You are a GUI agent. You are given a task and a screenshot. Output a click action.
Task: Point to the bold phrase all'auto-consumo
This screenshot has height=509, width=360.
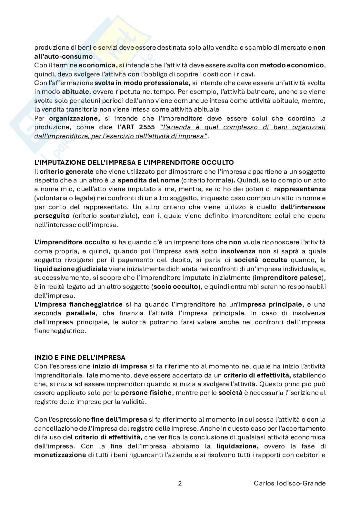point(64,56)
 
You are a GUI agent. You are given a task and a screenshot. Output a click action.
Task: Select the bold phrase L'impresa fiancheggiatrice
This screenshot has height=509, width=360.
point(78,304)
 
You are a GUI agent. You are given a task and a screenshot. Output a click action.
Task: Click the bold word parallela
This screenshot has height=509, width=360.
point(80,313)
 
